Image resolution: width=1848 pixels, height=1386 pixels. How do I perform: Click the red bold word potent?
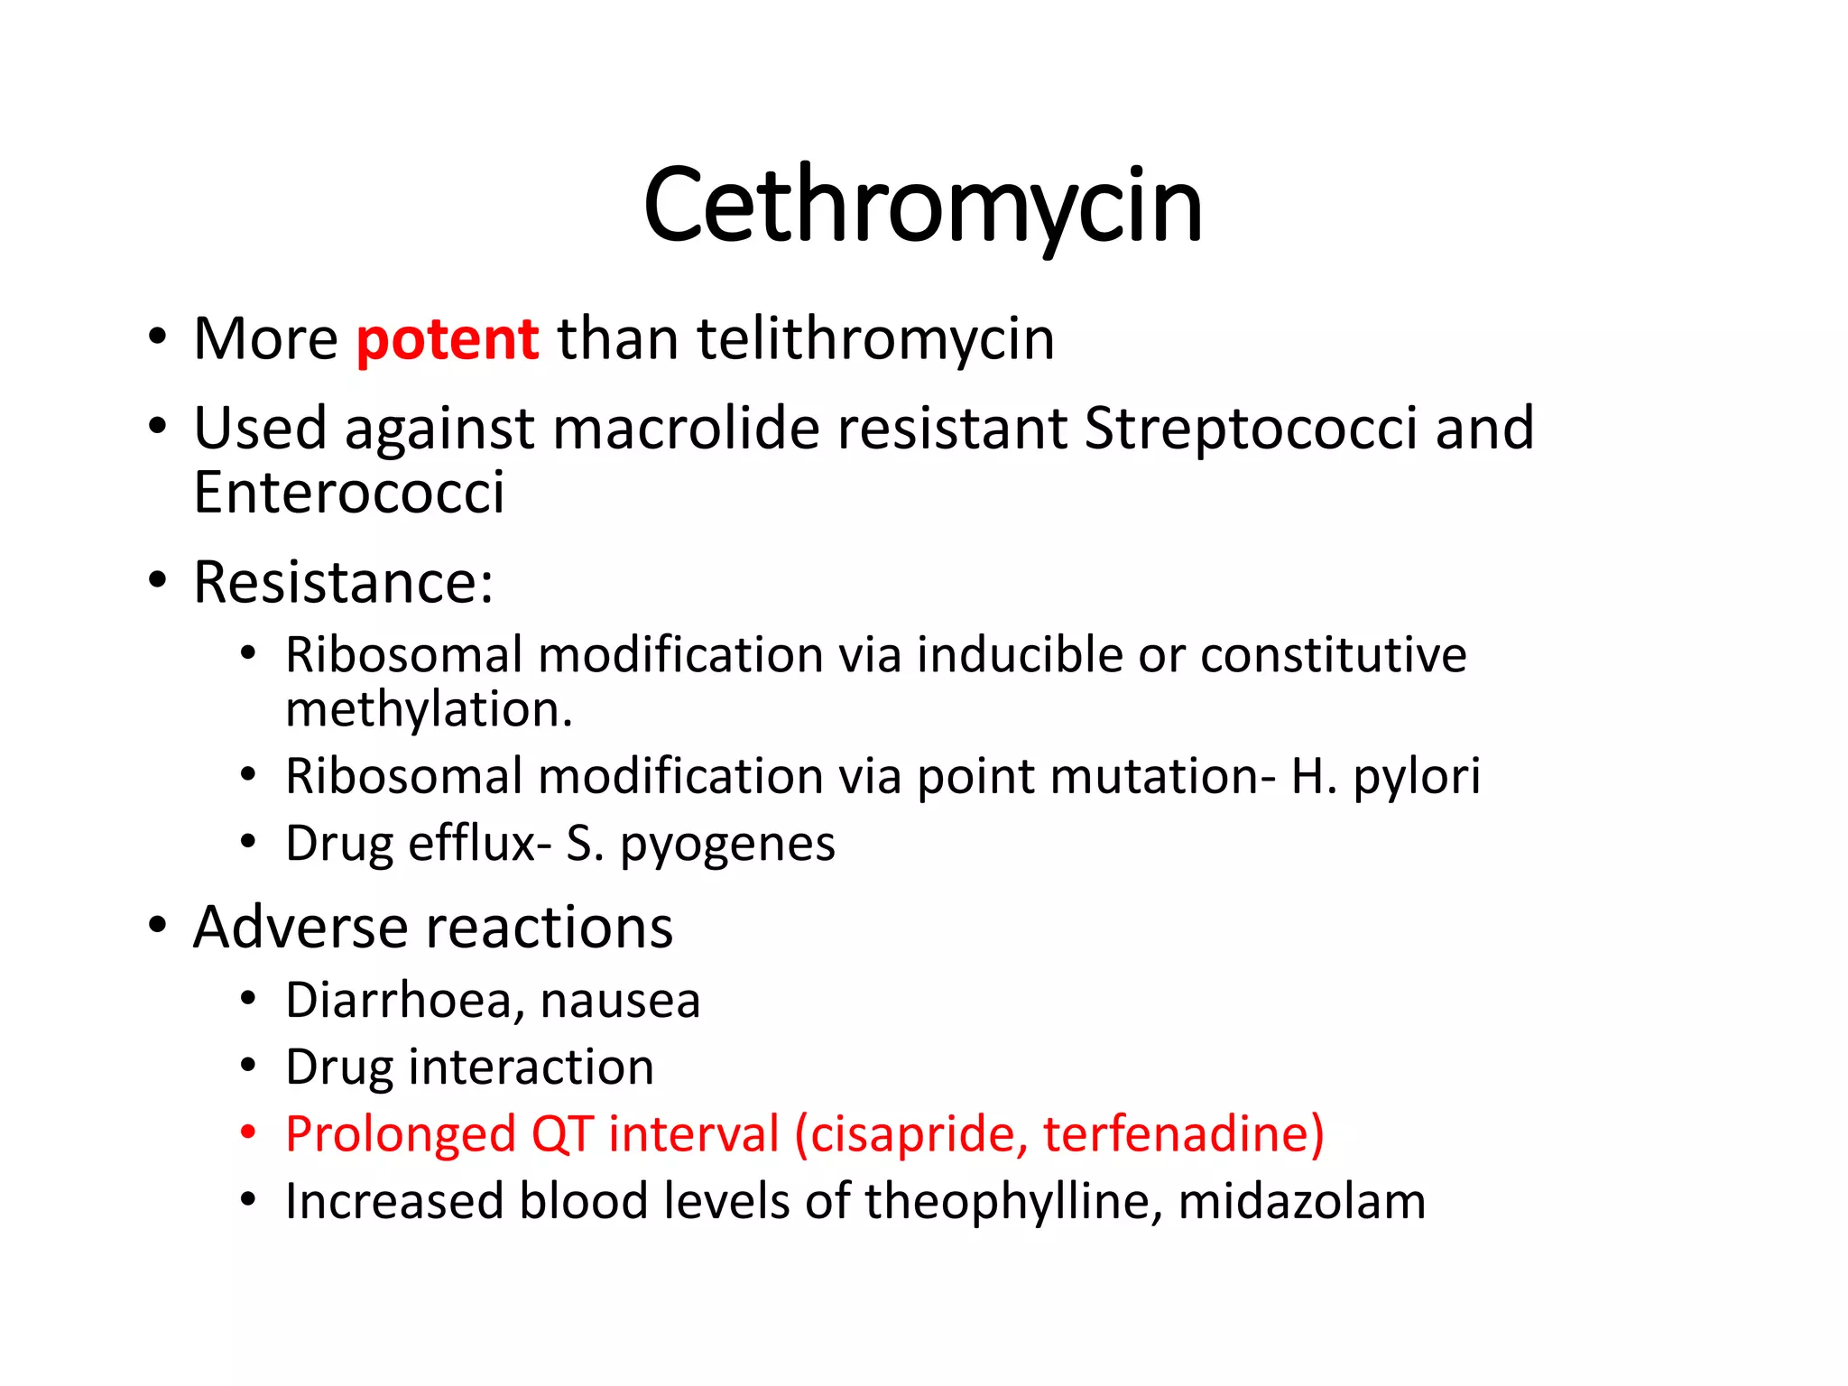pyautogui.click(x=448, y=340)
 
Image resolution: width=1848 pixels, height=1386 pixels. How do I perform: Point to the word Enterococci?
pyautogui.click(x=348, y=493)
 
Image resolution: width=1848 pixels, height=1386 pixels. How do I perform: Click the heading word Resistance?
pyautogui.click(x=344, y=582)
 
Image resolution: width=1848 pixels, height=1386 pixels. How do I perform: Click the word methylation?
pyautogui.click(x=429, y=709)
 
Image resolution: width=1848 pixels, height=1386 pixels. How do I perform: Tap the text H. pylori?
pyautogui.click(x=1385, y=776)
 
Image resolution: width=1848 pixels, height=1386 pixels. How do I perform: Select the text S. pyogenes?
pyautogui.click(x=700, y=844)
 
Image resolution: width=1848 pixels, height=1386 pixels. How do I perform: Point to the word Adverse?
pyautogui.click(x=300, y=928)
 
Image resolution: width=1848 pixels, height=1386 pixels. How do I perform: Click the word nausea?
pyautogui.click(x=620, y=1000)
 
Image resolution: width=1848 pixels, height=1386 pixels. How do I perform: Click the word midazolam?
pyautogui.click(x=1301, y=1202)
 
